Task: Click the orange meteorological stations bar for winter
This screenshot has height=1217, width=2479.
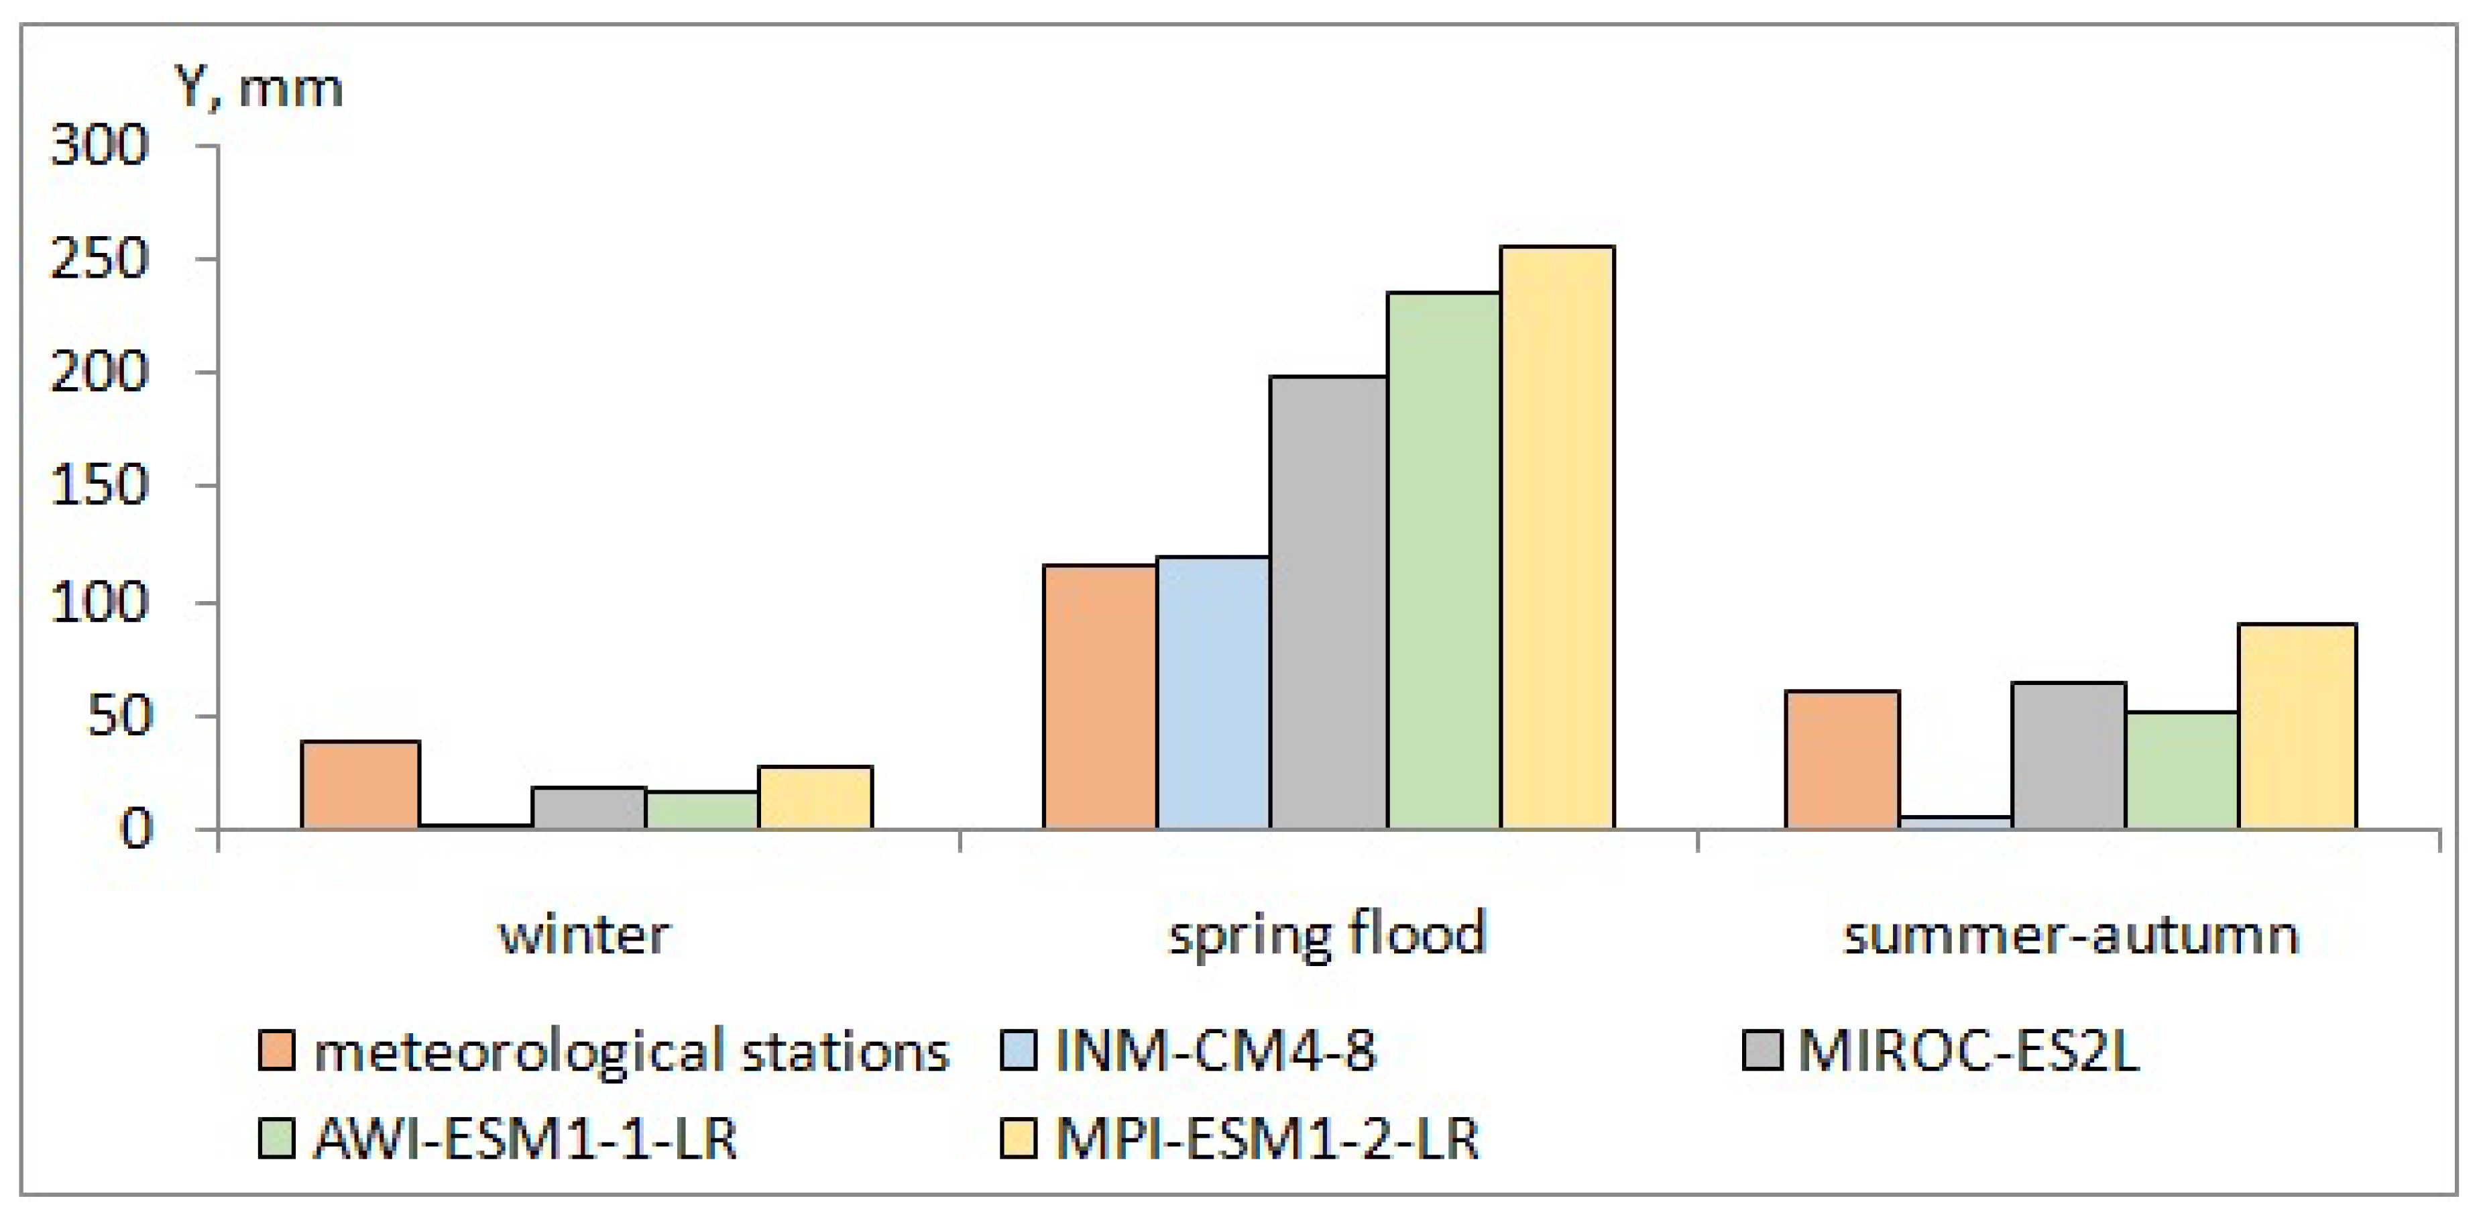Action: pyautogui.click(x=361, y=785)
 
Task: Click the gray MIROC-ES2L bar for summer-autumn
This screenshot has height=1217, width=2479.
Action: pyautogui.click(x=2069, y=756)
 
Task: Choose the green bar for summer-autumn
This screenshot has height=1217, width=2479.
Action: pyautogui.click(x=2183, y=770)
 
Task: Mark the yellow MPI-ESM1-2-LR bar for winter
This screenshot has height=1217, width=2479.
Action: pyautogui.click(x=815, y=797)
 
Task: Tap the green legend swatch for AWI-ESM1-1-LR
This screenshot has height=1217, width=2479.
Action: pyautogui.click(x=276, y=1139)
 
